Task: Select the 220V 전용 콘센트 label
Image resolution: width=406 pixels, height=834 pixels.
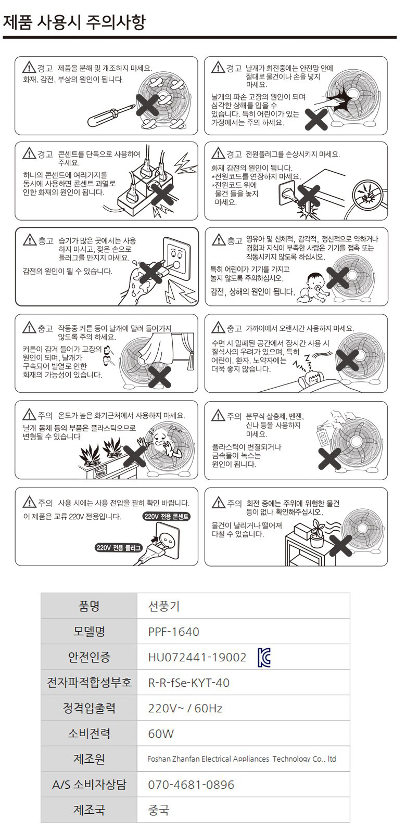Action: pos(167,516)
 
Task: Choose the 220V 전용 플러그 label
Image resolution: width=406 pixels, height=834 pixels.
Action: pos(119,548)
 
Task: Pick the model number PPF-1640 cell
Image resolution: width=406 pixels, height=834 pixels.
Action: pos(173,632)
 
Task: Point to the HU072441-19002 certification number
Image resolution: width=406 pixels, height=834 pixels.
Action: pos(197,657)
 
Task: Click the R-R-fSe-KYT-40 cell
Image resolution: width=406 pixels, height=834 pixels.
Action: pos(188,683)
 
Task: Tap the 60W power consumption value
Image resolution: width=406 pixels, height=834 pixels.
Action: pos(161,734)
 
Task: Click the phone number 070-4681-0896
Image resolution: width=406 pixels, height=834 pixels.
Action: pos(191,785)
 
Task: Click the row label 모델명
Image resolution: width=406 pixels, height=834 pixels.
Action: pos(89,632)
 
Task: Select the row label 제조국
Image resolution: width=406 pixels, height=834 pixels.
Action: pos(89,810)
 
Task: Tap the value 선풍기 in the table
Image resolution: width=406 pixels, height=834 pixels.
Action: pos(164,606)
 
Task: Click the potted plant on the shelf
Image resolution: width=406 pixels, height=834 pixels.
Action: pos(316,533)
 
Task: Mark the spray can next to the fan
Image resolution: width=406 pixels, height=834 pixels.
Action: pos(321,436)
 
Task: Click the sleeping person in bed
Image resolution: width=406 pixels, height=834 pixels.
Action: pos(313,379)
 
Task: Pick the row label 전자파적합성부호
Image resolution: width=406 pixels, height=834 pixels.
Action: pos(89,683)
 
